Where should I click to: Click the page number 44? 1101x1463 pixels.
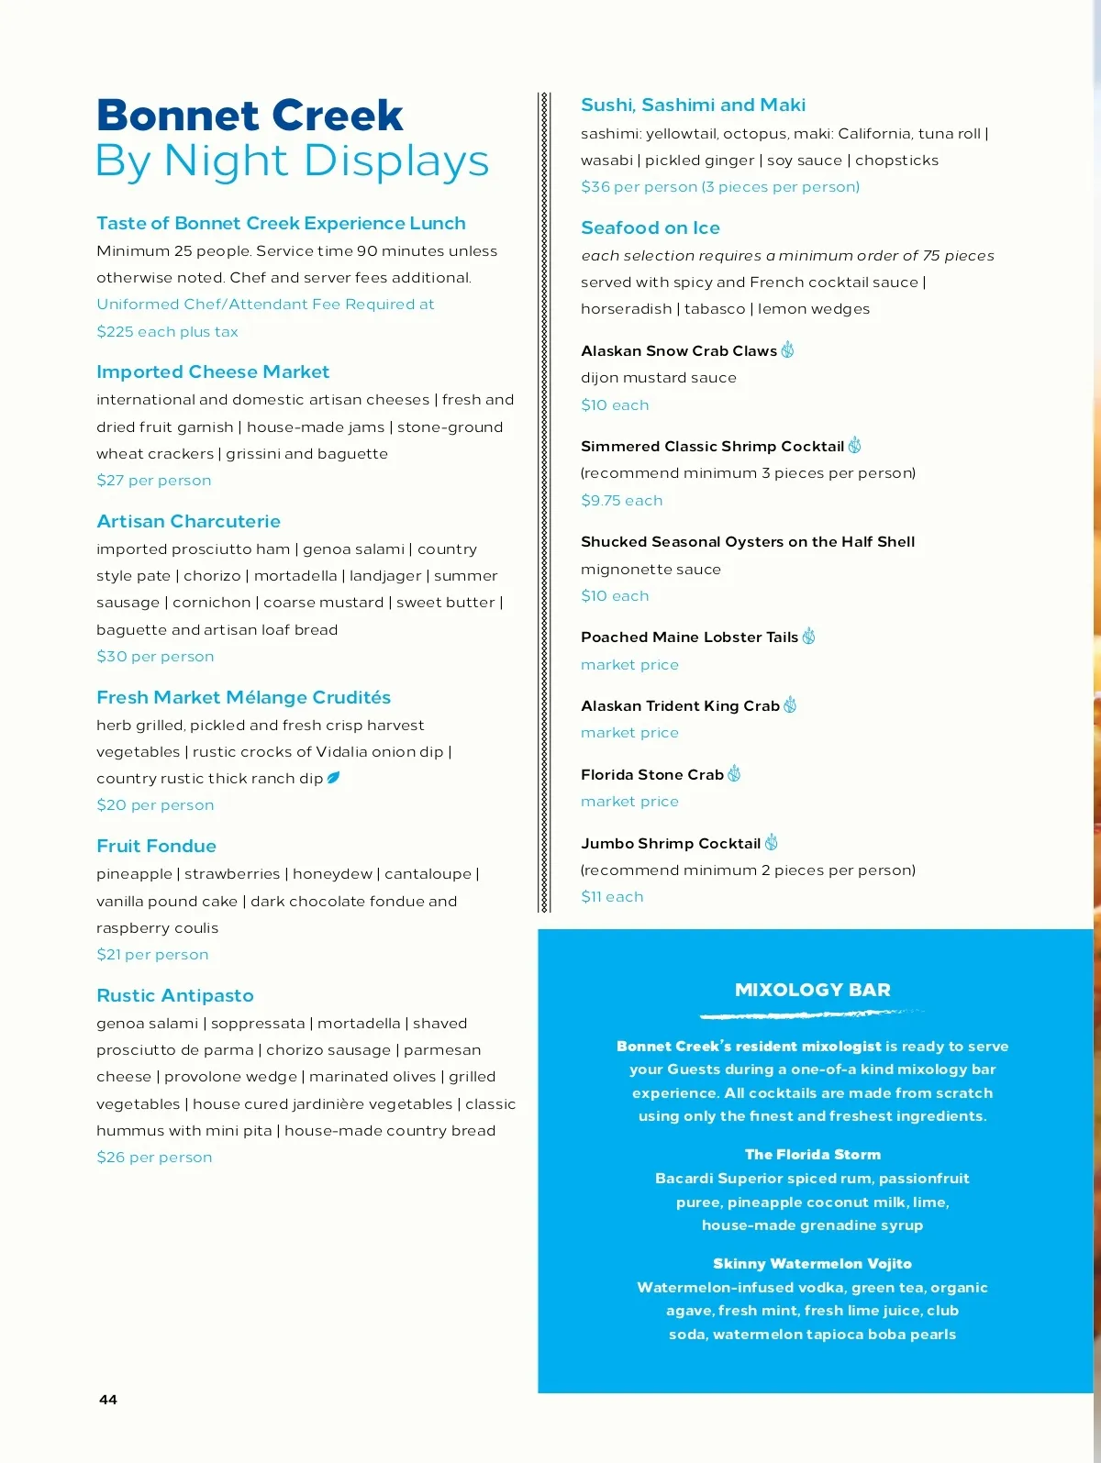[x=108, y=1399]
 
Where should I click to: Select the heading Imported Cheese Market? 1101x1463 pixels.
[x=213, y=371]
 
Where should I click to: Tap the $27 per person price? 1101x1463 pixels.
[x=154, y=480]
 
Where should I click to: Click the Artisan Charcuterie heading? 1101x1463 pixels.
[x=189, y=521]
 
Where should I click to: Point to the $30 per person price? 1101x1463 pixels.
[x=155, y=656]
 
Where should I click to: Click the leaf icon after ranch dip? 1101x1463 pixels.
[x=334, y=778]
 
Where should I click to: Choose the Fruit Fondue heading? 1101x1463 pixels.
[x=157, y=846]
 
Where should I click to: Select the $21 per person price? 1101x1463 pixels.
[x=152, y=954]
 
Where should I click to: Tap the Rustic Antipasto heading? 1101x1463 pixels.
[x=175, y=995]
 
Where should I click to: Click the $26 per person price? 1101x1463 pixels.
[x=154, y=1157]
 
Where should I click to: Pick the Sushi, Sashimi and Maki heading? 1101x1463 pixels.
[x=694, y=105]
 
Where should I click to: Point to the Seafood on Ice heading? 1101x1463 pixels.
[x=651, y=227]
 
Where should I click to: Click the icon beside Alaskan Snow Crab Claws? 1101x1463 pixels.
[x=787, y=349]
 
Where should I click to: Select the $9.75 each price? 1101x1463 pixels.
[x=622, y=500]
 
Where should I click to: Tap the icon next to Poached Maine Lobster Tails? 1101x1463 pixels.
[x=808, y=636]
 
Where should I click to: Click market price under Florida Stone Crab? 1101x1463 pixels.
[x=629, y=801]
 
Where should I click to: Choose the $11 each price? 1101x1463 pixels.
[x=612, y=896]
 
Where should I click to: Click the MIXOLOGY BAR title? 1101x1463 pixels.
[x=813, y=990]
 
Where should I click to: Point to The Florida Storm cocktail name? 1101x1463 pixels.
[x=813, y=1154]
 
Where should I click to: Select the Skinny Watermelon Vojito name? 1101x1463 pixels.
[x=813, y=1263]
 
